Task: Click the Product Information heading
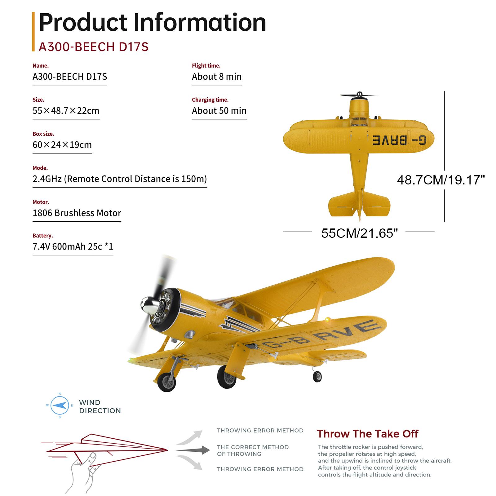coord(152,22)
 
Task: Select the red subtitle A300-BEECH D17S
coord(93,47)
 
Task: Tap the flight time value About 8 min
coord(216,77)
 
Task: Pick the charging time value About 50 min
coord(219,111)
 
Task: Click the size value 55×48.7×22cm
coord(66,111)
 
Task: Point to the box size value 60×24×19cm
coord(62,145)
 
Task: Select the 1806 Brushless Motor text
coord(77,213)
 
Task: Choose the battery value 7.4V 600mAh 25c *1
coord(73,246)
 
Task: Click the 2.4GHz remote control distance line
coord(120,179)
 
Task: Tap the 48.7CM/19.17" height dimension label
coord(441,180)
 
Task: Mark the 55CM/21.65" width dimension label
coord(359,233)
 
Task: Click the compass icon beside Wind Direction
coord(60,405)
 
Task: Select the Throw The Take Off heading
coord(367,434)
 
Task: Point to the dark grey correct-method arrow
coord(193,450)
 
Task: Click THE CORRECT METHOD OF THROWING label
coord(253,450)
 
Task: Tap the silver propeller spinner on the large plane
coord(148,304)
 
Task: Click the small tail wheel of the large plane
coord(317,376)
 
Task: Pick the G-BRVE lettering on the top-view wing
coord(399,140)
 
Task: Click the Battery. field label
coord(43,236)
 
